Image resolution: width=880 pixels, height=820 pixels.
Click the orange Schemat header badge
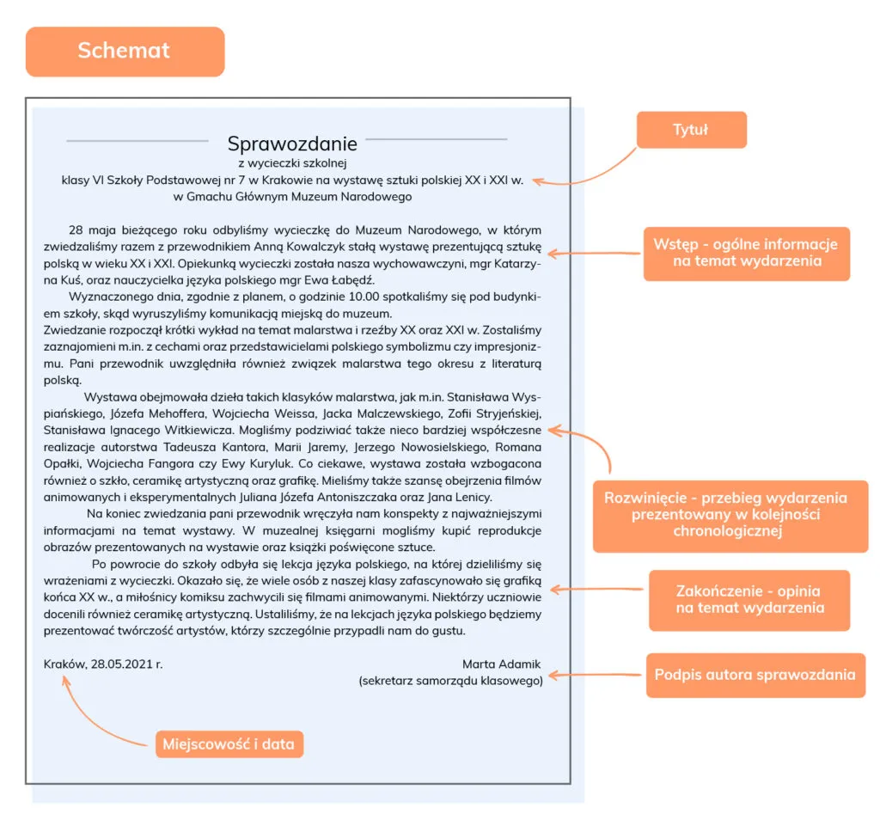[x=125, y=51]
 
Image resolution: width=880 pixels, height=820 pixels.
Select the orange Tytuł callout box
[x=691, y=130]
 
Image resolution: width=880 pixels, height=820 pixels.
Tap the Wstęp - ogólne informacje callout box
[x=746, y=253]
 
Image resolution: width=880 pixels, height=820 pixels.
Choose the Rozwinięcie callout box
[x=730, y=516]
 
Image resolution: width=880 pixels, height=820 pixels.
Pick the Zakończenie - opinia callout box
[x=749, y=600]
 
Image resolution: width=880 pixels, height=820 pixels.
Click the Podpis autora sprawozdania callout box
[x=755, y=675]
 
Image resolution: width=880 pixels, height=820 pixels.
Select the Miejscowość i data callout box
[x=229, y=744]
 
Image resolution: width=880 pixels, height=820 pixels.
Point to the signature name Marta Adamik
[x=502, y=664]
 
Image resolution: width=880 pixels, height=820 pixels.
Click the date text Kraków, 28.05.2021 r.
[x=103, y=664]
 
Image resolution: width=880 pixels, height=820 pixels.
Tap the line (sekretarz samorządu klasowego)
[x=450, y=681]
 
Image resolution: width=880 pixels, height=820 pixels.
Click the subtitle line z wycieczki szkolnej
[x=292, y=162]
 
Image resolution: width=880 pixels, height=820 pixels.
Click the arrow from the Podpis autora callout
[x=596, y=676]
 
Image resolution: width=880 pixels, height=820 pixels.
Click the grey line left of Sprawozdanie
[x=137, y=140]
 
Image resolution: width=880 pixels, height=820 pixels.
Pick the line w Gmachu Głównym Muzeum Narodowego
[x=292, y=197]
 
